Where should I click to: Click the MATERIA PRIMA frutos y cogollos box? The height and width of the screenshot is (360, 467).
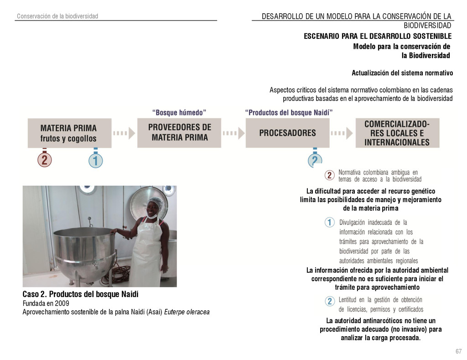69,132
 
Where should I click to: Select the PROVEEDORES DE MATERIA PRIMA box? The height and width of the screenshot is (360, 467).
179,132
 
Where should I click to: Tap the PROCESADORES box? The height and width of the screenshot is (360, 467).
287,133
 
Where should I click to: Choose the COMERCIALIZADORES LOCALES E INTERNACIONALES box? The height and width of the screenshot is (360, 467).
397,132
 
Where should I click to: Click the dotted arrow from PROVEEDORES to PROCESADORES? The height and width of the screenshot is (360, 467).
233,133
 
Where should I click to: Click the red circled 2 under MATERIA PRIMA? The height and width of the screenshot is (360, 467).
44,160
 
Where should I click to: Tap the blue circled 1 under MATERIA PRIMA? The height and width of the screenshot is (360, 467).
95,161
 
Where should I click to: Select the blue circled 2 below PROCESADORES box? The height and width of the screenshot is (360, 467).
315,161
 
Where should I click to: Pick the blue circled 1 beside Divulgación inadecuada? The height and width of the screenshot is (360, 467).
330,223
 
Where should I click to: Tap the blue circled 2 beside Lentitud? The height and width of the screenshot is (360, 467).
330,301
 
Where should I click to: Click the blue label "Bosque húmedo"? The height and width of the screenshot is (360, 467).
179,112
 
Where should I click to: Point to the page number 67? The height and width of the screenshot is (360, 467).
458,351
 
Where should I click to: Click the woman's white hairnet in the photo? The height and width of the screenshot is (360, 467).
156,203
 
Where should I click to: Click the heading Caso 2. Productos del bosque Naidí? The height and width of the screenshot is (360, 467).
80,294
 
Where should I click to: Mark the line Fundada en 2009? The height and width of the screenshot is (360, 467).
46,303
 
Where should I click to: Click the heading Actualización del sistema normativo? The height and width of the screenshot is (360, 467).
402,73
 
